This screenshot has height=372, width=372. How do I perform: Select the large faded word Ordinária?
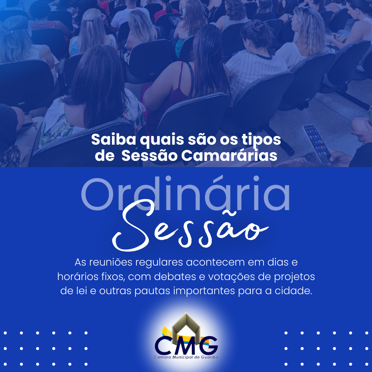(x=185, y=193)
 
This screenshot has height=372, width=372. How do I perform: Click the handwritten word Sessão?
(x=190, y=225)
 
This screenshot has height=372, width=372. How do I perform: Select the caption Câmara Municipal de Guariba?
(x=186, y=357)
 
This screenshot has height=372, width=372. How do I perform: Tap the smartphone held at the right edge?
(x=317, y=143)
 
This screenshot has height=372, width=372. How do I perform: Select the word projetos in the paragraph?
(x=294, y=277)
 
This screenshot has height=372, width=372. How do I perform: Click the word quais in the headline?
(x=162, y=140)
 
